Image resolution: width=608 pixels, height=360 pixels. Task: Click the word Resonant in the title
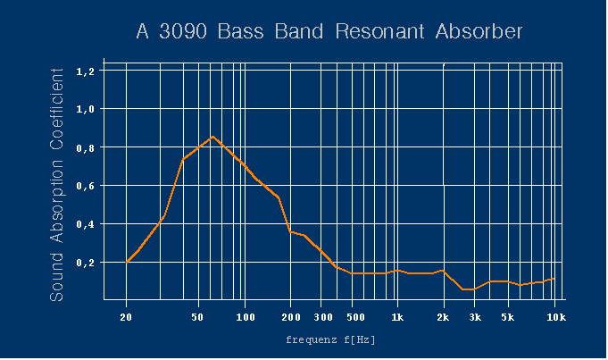click(379, 31)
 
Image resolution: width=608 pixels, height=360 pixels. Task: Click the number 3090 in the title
click(183, 31)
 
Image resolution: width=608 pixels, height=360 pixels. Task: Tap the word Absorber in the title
click(479, 31)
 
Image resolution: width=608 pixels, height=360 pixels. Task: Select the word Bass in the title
click(240, 31)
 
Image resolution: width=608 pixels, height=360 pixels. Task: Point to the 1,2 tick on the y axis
click(86, 71)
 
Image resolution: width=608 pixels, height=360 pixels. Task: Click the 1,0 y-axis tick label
click(86, 109)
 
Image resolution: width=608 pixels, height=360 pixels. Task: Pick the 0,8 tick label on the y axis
click(86, 148)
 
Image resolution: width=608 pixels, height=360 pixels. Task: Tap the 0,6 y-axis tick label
click(86, 186)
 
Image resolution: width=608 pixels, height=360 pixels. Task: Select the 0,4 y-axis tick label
click(86, 224)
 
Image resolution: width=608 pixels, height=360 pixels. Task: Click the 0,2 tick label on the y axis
click(86, 263)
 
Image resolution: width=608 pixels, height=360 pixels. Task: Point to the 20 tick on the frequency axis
click(126, 317)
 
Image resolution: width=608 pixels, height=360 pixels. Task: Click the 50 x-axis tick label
click(197, 317)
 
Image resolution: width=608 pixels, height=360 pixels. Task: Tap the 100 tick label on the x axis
click(246, 317)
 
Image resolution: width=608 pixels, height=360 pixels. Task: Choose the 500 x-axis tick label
click(355, 317)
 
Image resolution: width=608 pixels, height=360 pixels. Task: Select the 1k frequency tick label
click(397, 317)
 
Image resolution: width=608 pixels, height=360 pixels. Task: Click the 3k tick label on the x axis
click(475, 317)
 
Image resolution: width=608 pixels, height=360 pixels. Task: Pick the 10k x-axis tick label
click(556, 317)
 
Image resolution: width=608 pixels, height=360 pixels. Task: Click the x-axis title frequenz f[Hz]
click(330, 339)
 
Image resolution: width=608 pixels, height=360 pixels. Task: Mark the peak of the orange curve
click(212, 137)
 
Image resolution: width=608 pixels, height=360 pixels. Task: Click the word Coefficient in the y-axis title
click(56, 109)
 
